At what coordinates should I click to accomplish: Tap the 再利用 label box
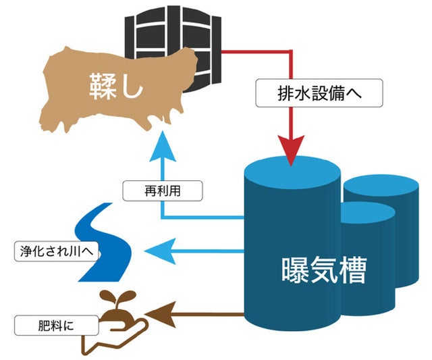[163, 191]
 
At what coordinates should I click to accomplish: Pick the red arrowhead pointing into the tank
[291, 154]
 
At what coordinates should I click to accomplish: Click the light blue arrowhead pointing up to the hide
[162, 144]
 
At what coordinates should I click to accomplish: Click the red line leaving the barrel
[256, 51]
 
